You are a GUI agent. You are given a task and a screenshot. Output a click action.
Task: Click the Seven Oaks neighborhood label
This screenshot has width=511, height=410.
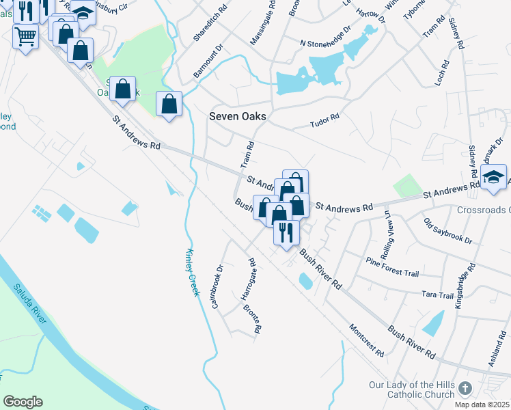[x=237, y=117]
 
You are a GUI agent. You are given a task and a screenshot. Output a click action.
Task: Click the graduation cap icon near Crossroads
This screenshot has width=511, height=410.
[x=493, y=178]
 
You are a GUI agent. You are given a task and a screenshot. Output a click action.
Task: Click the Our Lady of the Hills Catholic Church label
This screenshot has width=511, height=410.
[x=411, y=389]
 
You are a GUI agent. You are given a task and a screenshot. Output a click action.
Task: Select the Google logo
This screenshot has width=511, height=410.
[x=23, y=402]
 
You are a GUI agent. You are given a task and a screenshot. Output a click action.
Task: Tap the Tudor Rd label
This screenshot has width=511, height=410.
[x=324, y=121]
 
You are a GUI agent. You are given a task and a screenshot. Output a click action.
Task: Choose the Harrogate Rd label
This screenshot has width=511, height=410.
[x=248, y=279]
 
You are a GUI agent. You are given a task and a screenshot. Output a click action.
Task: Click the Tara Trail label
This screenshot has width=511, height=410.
[x=438, y=295]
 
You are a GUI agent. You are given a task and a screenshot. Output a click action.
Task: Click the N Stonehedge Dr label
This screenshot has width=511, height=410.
[x=325, y=43]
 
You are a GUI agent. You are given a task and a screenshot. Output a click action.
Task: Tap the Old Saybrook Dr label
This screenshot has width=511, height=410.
[x=447, y=231]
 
